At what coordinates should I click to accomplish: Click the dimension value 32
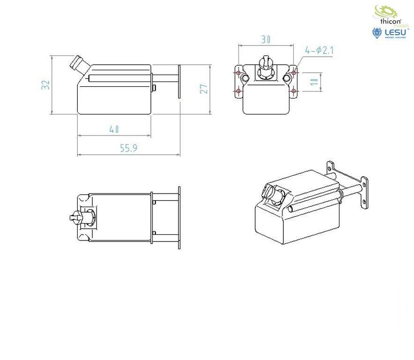45,84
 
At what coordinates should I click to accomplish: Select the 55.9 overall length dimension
128,148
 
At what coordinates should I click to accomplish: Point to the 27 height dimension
204,89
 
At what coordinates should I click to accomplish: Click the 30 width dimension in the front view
266,40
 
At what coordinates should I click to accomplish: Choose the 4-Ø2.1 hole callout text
318,50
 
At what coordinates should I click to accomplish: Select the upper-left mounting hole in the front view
239,73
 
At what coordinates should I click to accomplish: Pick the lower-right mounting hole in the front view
294,90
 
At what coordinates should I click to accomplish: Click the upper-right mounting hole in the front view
294,73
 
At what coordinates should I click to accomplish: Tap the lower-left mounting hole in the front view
239,90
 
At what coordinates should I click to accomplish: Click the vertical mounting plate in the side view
179,82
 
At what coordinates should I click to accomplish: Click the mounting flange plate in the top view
178,217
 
